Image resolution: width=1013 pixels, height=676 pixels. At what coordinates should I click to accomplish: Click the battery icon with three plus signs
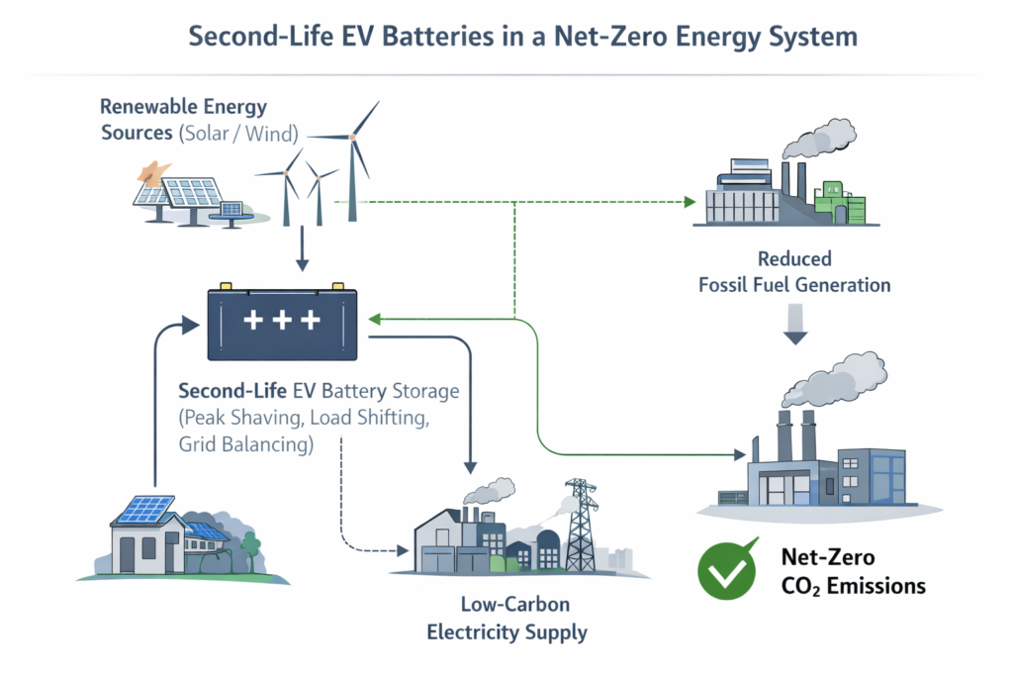[x=283, y=323]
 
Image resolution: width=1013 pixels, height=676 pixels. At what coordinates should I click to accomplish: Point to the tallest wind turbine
[x=352, y=148]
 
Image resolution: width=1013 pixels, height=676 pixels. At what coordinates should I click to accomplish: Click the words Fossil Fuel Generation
[x=794, y=285]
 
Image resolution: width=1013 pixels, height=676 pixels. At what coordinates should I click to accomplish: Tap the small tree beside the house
[x=250, y=545]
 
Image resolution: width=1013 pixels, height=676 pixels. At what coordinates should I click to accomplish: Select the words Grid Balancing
[x=242, y=444]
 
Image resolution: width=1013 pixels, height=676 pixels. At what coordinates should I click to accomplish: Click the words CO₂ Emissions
[x=853, y=586]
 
